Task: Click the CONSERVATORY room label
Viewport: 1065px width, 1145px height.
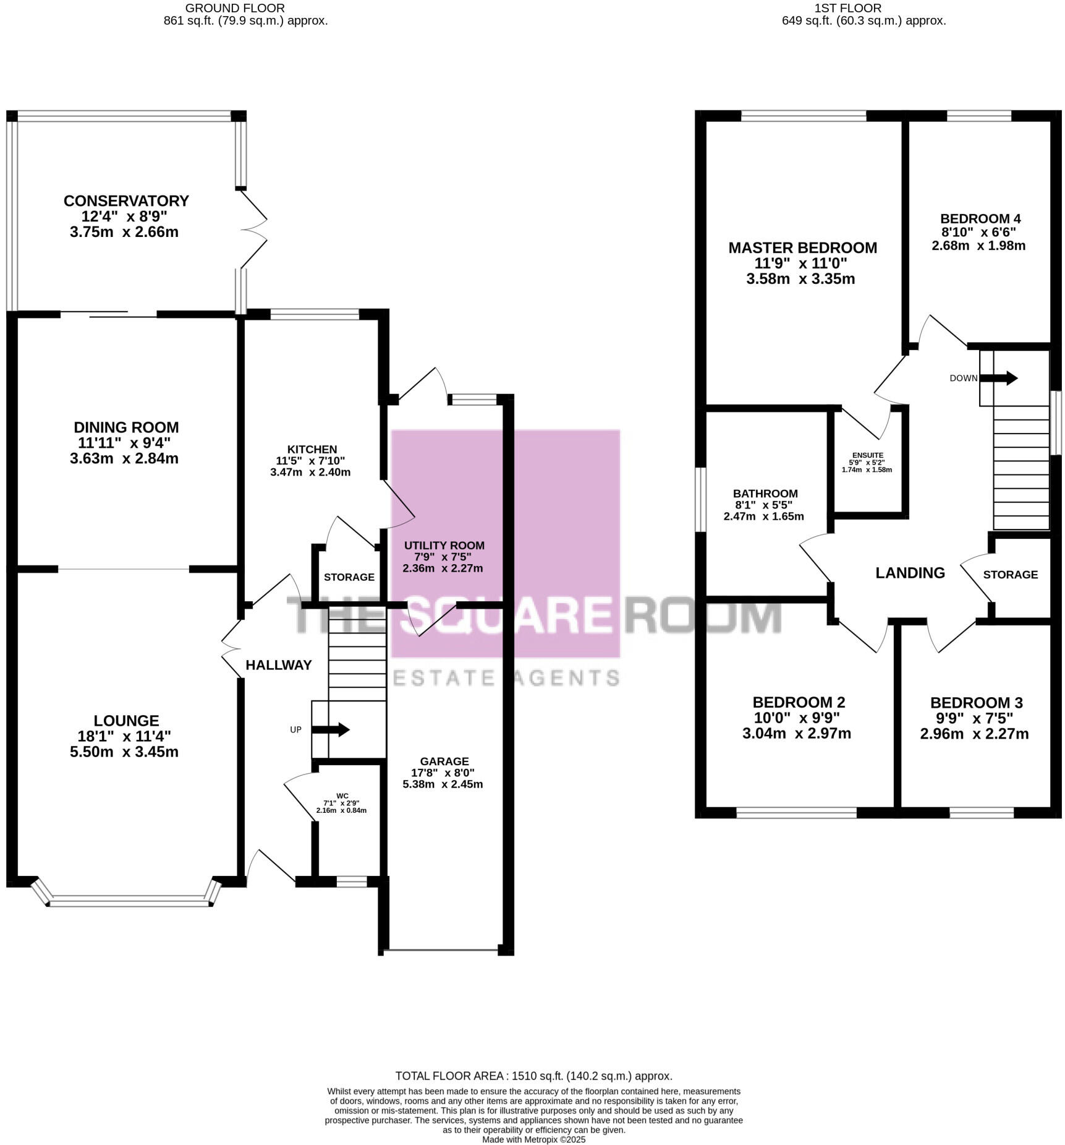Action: (x=126, y=201)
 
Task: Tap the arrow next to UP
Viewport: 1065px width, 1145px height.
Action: (x=331, y=729)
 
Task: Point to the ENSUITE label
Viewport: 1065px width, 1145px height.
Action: (x=867, y=455)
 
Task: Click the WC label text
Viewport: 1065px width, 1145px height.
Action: (x=342, y=795)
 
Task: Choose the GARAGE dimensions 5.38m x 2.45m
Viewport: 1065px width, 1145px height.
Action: (x=443, y=784)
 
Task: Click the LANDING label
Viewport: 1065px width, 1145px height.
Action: (x=910, y=573)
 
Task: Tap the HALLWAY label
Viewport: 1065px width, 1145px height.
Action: (x=279, y=665)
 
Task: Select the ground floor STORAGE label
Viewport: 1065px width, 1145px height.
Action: (x=349, y=577)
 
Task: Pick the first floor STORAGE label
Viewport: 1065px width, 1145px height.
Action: (x=1010, y=575)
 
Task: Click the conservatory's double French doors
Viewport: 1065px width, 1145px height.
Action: (x=254, y=229)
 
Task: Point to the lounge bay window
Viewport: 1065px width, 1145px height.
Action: (x=129, y=903)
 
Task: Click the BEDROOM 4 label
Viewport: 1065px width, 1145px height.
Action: (x=980, y=218)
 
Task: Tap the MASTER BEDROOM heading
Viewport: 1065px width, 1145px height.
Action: (x=802, y=247)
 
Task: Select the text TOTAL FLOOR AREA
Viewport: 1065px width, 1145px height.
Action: (x=449, y=1076)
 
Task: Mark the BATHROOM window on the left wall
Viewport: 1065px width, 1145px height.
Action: (x=700, y=499)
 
